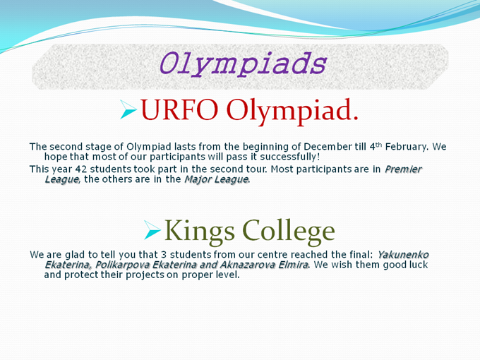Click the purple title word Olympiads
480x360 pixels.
pos(243,64)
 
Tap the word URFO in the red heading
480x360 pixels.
pos(179,109)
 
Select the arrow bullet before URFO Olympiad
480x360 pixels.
pos(128,109)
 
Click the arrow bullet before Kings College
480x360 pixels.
pos(152,230)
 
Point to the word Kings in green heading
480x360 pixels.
pos(200,232)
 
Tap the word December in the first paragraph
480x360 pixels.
pos(328,147)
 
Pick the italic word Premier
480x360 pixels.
pos(404,169)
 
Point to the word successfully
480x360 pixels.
pos(288,157)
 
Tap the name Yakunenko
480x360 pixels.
pos(403,255)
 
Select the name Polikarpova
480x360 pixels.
pos(122,265)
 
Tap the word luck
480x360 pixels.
pos(419,265)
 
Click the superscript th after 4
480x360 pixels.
pos(379,145)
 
